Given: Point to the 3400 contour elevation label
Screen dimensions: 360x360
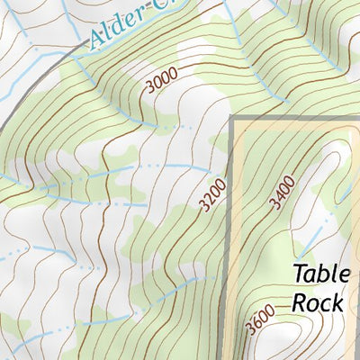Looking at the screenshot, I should (x=283, y=191).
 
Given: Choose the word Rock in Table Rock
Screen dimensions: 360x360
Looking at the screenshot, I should (x=317, y=301).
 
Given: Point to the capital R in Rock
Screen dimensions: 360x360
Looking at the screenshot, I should (x=298, y=301).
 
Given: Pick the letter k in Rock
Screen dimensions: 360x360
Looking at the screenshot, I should (x=337, y=301).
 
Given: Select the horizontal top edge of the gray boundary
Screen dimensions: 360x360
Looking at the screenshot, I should (x=297, y=119).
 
